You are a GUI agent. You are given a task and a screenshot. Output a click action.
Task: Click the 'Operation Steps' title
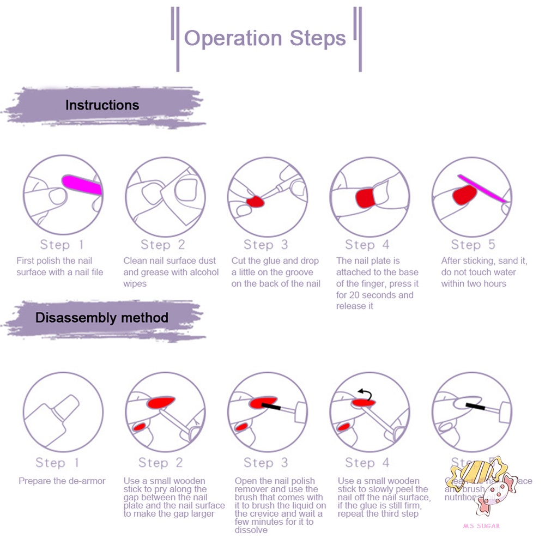[x=265, y=38]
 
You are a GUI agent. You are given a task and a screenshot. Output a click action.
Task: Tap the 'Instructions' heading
[x=102, y=105]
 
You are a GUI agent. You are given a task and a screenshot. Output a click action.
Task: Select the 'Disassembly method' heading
[x=102, y=317]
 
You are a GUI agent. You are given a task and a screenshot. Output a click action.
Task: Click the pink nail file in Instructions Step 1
[x=82, y=185]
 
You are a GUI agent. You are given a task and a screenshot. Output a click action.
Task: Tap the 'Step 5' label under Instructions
[x=473, y=245]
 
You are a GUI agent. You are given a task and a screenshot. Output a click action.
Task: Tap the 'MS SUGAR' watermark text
[x=481, y=526]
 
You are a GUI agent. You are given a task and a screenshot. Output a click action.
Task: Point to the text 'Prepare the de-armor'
[x=62, y=481]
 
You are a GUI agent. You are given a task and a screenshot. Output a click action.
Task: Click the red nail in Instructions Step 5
[x=464, y=195]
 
